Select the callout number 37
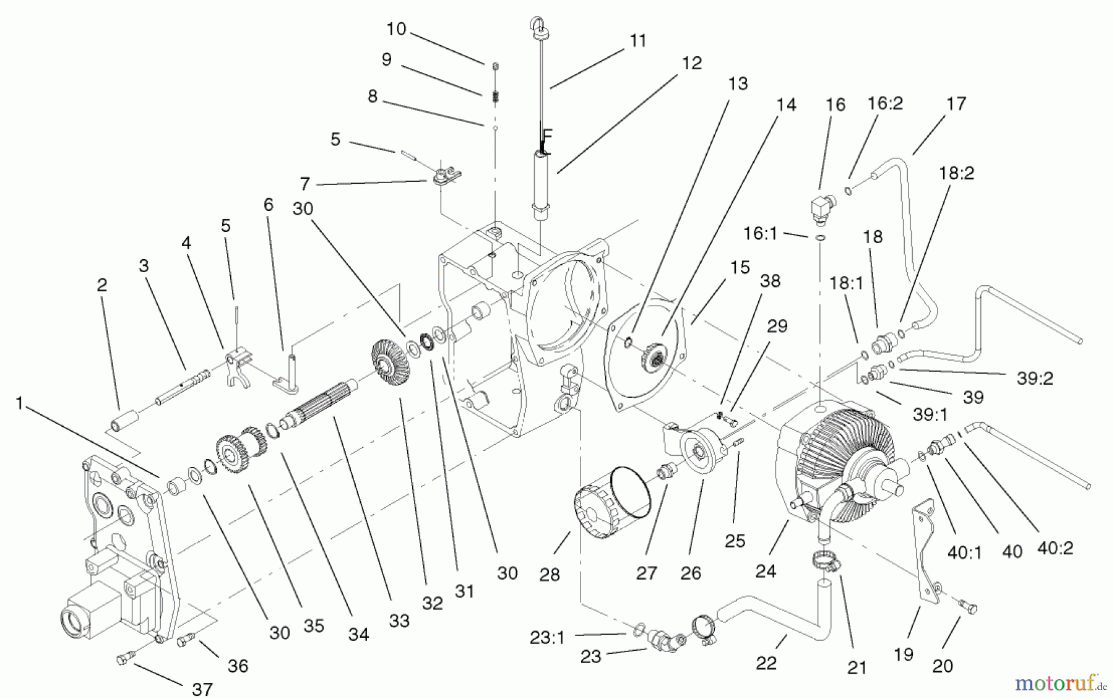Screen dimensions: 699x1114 point(202,688)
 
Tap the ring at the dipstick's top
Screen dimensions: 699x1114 point(537,24)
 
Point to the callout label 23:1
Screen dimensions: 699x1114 point(547,637)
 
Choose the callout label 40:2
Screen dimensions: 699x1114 point(1055,547)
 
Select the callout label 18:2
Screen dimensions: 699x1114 point(956,173)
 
